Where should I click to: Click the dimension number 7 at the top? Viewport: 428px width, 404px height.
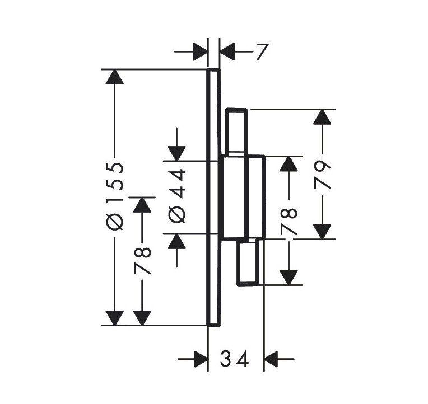coord(263,51)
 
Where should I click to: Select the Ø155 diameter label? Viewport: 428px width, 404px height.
coord(115,196)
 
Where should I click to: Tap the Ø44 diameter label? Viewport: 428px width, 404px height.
coord(177,196)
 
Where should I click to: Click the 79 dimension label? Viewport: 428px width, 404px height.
coord(322,175)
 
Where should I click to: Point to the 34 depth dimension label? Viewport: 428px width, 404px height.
coord(234,359)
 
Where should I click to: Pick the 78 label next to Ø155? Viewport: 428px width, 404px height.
coord(142,261)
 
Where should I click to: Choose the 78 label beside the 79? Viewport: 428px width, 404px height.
coord(289,222)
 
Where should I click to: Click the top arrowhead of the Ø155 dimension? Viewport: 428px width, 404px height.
coord(115,77)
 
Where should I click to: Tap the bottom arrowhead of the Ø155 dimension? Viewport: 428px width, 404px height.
coord(115,318)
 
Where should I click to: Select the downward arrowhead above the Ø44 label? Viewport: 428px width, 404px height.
coord(177,153)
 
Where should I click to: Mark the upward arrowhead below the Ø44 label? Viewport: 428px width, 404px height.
coord(177,241)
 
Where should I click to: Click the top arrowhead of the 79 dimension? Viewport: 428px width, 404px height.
coord(322,117)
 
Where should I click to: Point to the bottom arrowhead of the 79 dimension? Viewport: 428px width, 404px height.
coord(322,232)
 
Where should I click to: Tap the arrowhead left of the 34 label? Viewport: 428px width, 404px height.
coord(201,359)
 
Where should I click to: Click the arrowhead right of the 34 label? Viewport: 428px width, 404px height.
coord(271,359)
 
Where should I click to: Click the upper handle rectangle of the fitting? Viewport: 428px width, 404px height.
coord(236,132)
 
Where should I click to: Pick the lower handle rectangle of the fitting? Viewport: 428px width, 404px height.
coord(248,262)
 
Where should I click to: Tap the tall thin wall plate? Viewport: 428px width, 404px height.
coord(213,197)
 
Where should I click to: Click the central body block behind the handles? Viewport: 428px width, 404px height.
coord(243,198)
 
